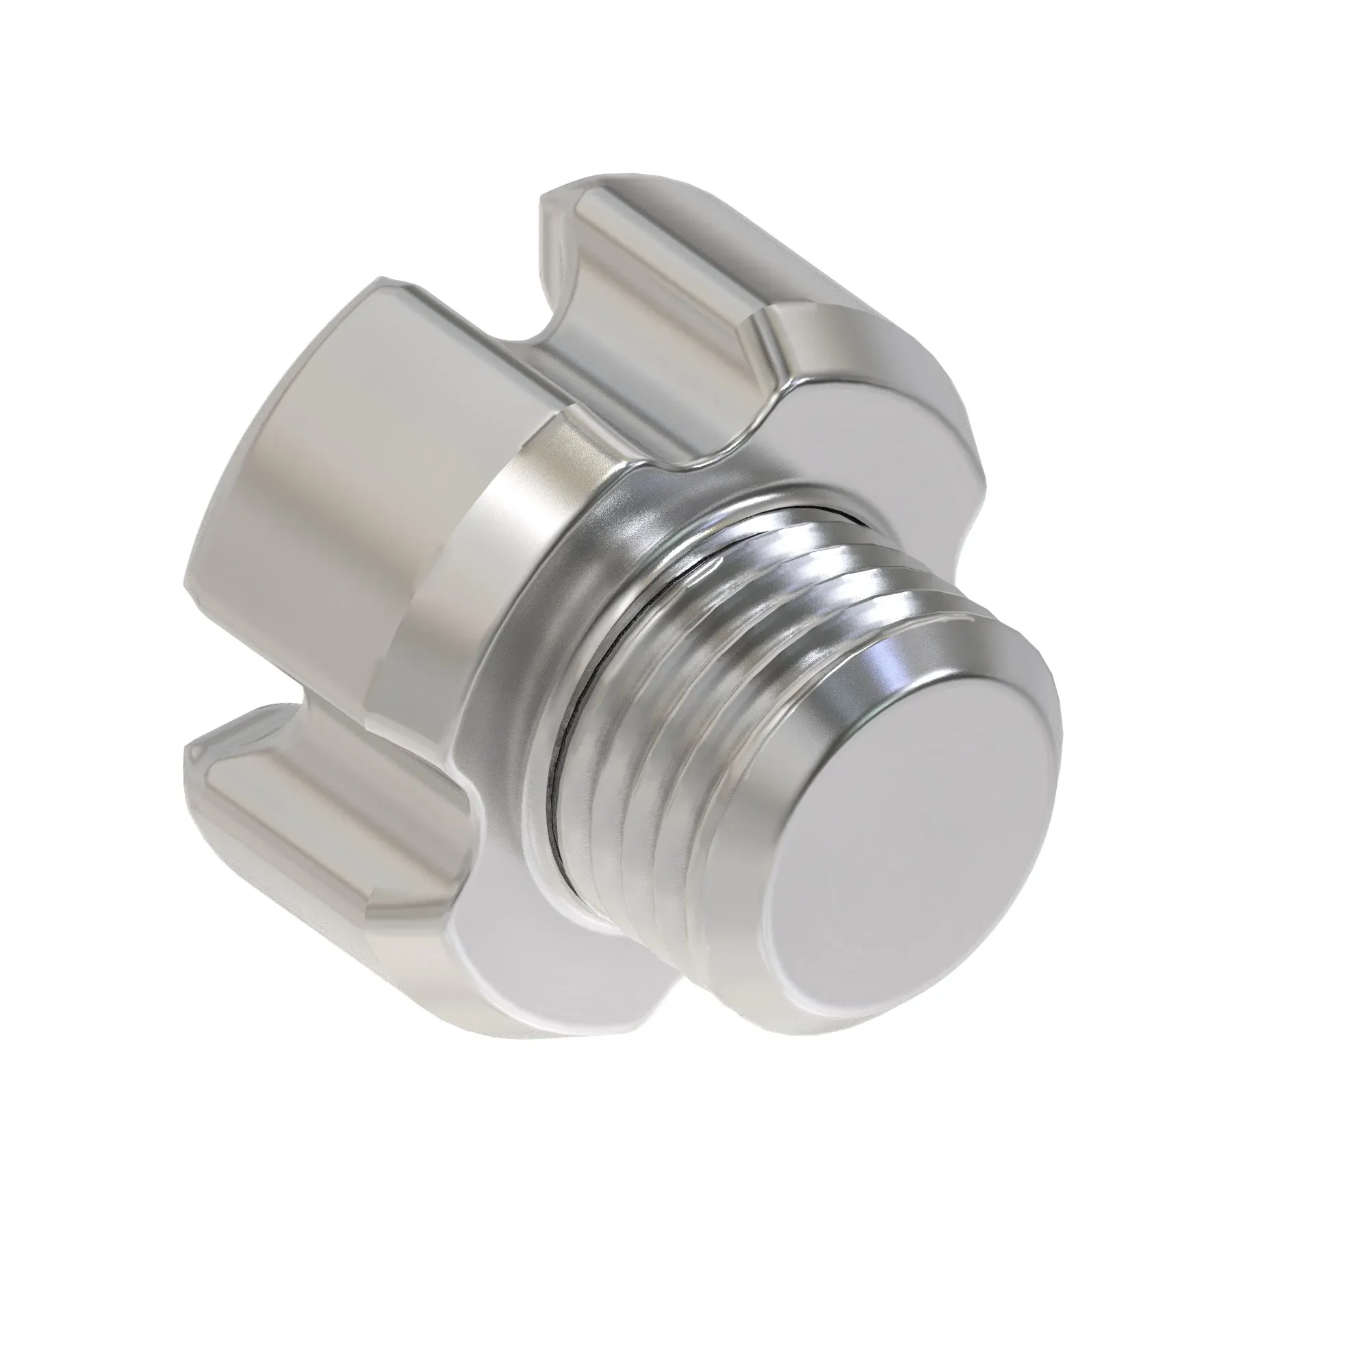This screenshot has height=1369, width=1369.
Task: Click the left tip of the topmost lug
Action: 544,202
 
